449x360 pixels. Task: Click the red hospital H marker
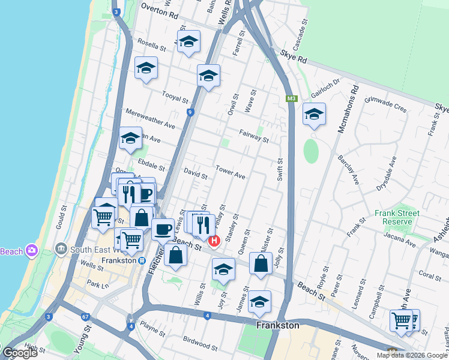tap(214, 241)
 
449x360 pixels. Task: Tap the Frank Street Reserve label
tap(393, 217)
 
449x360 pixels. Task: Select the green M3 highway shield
tap(292, 98)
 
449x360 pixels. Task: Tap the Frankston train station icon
tap(142, 260)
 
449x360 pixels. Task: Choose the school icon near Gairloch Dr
tap(314, 115)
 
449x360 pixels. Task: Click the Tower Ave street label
tap(231, 173)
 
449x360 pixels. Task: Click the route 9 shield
tap(190, 112)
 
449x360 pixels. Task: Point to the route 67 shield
tap(86, 316)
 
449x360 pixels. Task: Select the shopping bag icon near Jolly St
tap(261, 263)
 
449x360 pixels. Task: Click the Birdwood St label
tap(200, 344)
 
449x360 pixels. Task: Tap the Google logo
tap(20, 353)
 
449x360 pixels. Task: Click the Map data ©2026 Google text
tap(411, 355)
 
